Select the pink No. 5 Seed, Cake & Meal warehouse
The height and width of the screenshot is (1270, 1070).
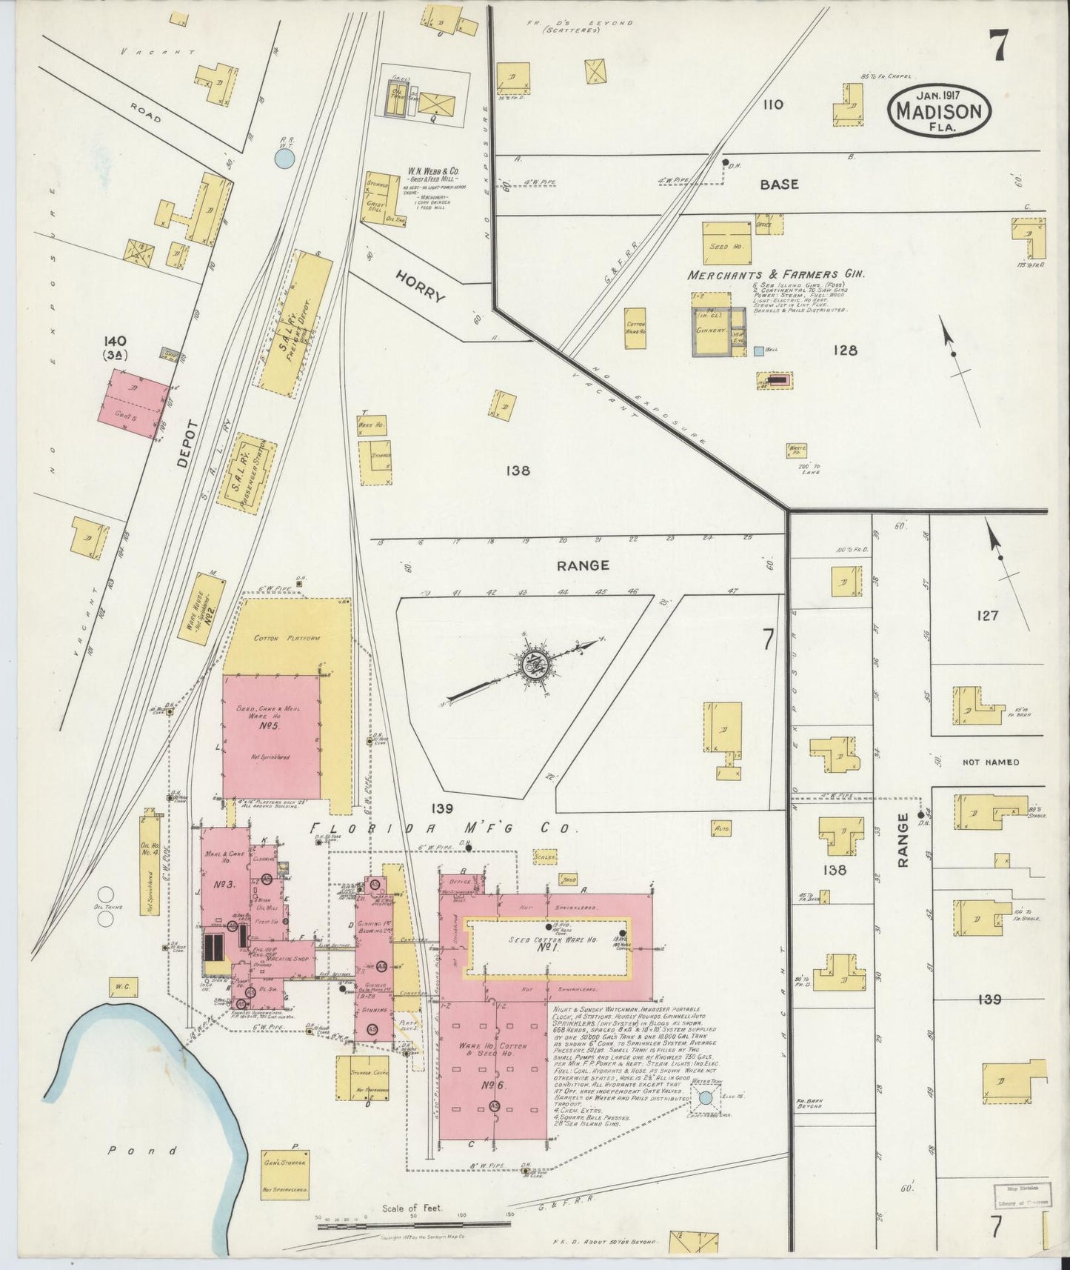(271, 736)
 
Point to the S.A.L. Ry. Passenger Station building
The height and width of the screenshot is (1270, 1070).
(247, 474)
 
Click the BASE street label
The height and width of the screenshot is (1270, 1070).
(779, 184)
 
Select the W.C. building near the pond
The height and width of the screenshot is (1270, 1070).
(123, 985)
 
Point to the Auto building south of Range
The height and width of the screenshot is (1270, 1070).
(720, 828)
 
